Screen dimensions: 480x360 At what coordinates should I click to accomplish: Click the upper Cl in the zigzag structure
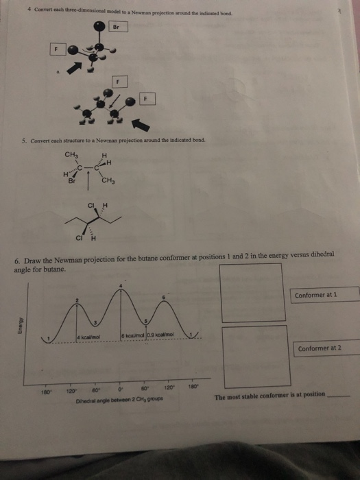click(x=90, y=204)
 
